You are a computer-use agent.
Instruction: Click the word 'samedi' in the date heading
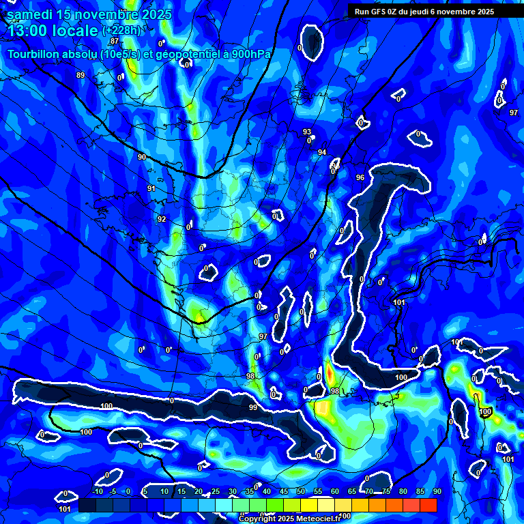pyautogui.click(x=30, y=14)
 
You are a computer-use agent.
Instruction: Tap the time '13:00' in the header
pyautogui.click(x=29, y=31)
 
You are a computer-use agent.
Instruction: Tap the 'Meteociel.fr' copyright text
pyautogui.click(x=313, y=519)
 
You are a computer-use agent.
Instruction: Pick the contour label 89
pyautogui.click(x=81, y=75)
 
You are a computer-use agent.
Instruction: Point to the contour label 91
pyautogui.click(x=151, y=188)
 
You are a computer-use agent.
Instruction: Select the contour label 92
pyautogui.click(x=162, y=219)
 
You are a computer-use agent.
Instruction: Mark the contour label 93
pyautogui.click(x=307, y=132)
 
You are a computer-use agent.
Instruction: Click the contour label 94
pyautogui.click(x=322, y=152)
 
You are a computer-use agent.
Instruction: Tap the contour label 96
pyautogui.click(x=360, y=177)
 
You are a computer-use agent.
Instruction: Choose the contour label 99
pyautogui.click(x=253, y=407)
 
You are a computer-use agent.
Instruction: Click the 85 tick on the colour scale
pyautogui.click(x=420, y=491)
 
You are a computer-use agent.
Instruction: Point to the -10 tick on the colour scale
pyautogui.click(x=97, y=491)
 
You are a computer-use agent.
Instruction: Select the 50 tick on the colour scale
pyautogui.click(x=301, y=491)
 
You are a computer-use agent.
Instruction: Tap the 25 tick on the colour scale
pyautogui.click(x=216, y=491)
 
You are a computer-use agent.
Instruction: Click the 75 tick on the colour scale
pyautogui.click(x=385, y=491)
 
